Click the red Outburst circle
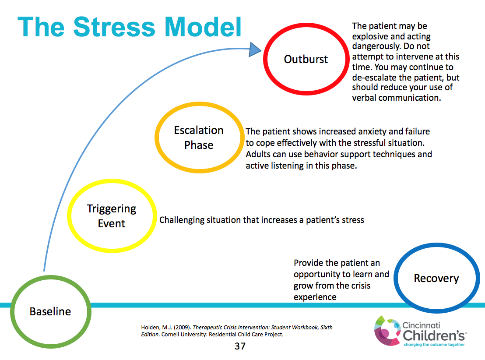[x=306, y=59]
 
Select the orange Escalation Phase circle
[x=199, y=138]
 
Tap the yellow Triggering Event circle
[x=112, y=216]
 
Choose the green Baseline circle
[x=50, y=311]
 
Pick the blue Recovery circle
[x=436, y=279]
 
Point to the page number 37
[x=240, y=346]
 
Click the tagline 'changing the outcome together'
[x=433, y=345]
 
